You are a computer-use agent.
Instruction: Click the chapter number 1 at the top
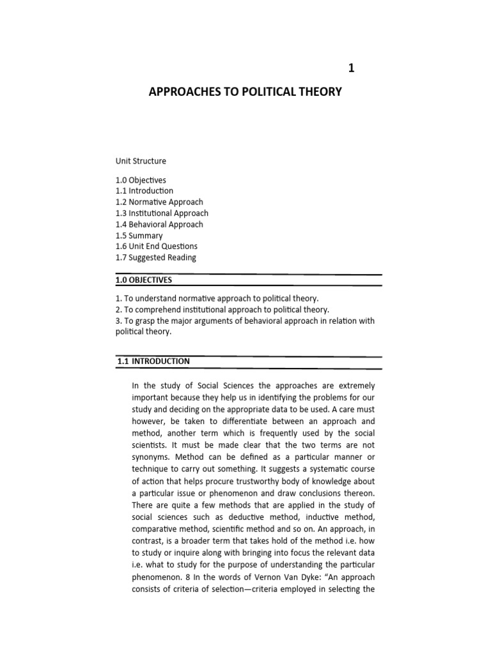(350, 68)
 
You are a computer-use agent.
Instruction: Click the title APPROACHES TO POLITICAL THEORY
(245, 92)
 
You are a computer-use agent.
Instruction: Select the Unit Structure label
(141, 161)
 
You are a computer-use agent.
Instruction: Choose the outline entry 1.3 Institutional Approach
(162, 213)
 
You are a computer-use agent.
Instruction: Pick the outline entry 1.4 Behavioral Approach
(159, 224)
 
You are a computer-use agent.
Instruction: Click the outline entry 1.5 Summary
(139, 235)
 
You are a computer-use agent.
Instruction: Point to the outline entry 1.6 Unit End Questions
(156, 246)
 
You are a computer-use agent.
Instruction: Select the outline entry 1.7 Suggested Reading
(155, 257)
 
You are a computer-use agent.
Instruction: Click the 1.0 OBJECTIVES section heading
(144, 280)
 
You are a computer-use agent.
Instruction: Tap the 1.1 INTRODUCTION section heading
(153, 361)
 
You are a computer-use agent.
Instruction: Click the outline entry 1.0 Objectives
(141, 180)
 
